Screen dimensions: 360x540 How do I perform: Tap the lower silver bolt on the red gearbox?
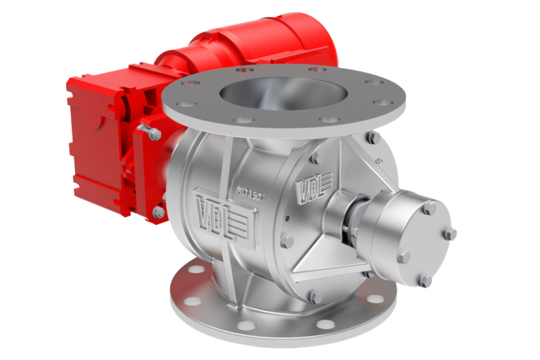click(160, 212)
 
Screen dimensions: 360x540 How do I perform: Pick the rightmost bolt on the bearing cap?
click(451, 233)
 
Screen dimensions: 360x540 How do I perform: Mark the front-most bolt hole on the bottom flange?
click(246, 325)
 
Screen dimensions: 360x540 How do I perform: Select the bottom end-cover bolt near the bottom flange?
click(314, 297)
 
